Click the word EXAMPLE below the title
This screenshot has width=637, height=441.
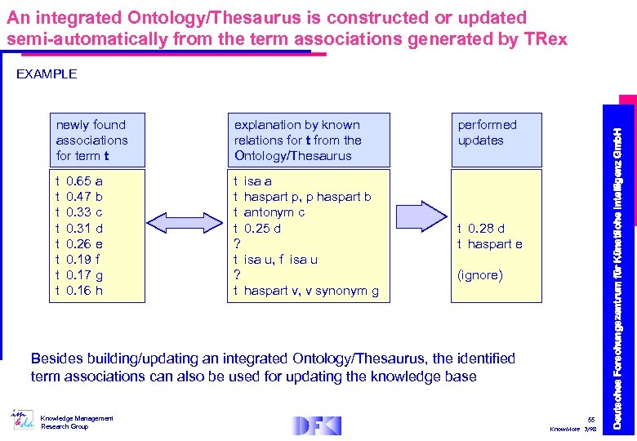point(47,74)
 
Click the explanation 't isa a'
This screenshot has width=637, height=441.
point(253,181)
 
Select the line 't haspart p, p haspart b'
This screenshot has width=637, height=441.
point(302,197)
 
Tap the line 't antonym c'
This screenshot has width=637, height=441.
point(269,212)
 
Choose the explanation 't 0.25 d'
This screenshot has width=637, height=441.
point(257,228)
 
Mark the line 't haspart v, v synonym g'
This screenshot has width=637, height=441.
point(305,291)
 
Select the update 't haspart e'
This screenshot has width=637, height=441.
point(489,243)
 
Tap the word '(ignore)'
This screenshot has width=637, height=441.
point(479,275)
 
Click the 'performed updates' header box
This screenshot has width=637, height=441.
point(496,140)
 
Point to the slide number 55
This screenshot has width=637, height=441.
point(592,419)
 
